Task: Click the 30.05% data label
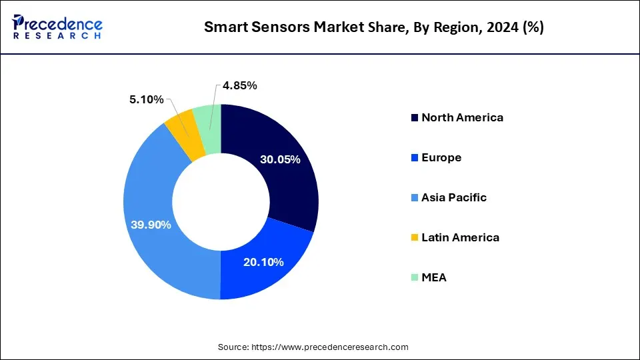[x=280, y=160]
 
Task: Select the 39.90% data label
[x=151, y=225]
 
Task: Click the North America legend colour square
[x=415, y=118]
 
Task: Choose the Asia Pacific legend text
[x=454, y=197]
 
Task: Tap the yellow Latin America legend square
[x=415, y=238]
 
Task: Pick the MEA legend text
[x=434, y=277]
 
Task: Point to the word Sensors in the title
[x=273, y=27]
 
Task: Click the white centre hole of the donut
[x=220, y=201]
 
